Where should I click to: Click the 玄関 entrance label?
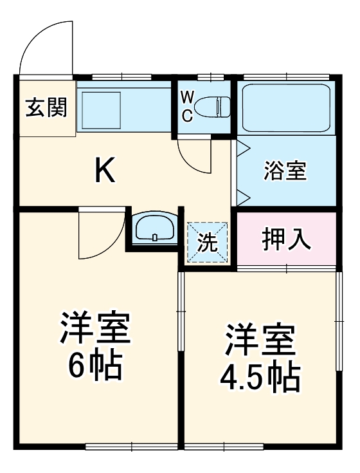coord(46,107)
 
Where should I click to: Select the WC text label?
coord(186,107)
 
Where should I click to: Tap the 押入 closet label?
coord(287,239)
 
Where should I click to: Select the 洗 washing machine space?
coord(207,242)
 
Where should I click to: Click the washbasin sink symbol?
coord(154,228)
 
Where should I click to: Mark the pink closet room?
coord(287,239)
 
